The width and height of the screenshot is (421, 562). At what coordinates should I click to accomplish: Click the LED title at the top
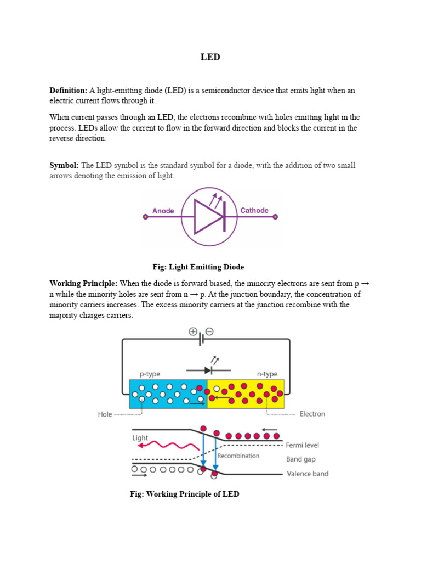[210, 57]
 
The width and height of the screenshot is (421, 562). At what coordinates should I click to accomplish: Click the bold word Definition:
[68, 91]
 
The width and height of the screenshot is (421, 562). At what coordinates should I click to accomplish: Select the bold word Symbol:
[64, 165]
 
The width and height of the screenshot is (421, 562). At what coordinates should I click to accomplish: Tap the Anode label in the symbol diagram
[163, 211]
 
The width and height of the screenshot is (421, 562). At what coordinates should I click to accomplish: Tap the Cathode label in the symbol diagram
[254, 210]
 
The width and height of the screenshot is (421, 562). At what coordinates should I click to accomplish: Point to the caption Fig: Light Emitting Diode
[198, 267]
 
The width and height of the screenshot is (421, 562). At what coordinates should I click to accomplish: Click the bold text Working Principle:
[83, 284]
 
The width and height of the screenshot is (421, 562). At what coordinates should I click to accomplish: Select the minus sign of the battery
[209, 331]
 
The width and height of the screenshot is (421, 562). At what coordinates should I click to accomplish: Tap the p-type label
[150, 374]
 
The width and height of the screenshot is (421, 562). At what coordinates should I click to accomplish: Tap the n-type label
[267, 374]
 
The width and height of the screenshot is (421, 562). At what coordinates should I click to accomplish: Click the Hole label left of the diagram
[105, 414]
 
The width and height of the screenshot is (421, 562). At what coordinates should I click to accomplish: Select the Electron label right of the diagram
[312, 414]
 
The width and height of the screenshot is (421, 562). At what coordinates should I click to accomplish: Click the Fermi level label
[302, 445]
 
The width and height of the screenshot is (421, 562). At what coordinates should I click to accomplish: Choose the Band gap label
[301, 459]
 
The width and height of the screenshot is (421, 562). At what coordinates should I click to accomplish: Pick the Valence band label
[307, 474]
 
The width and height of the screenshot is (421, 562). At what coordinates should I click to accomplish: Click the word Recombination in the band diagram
[238, 456]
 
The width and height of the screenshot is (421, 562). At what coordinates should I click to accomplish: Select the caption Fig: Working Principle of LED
[184, 494]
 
